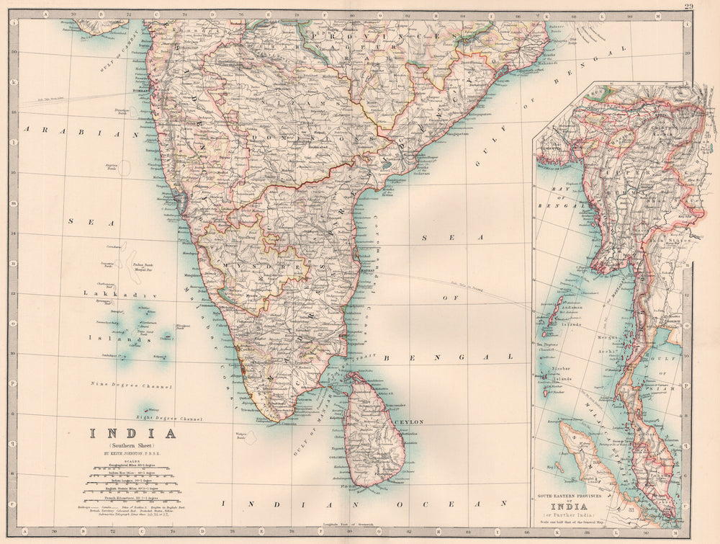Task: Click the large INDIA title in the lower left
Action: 132,433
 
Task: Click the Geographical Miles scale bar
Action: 132,468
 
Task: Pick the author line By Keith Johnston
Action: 132,454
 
